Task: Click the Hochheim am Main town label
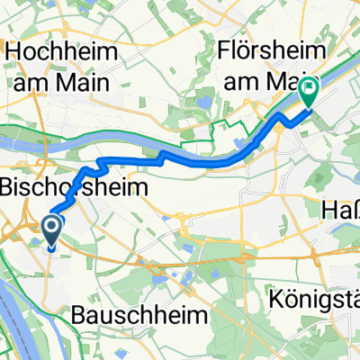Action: (x=63, y=65)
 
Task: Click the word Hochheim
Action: (x=63, y=52)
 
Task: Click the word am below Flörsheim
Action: (x=243, y=78)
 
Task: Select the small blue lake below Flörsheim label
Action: (x=211, y=102)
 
